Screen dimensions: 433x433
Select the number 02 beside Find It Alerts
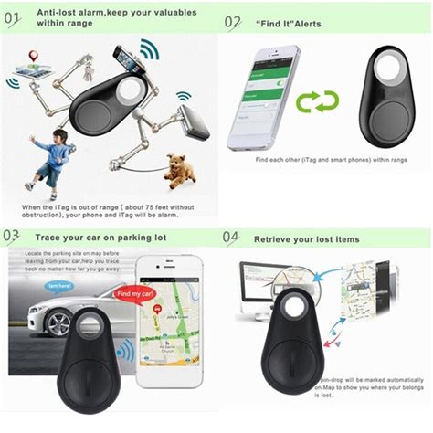233,22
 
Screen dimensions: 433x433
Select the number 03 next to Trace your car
12,237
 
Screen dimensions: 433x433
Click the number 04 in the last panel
232,238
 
